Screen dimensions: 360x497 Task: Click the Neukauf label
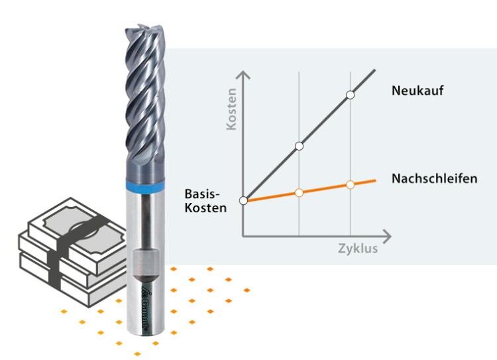pos(417,91)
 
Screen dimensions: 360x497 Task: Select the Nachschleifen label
pos(434,178)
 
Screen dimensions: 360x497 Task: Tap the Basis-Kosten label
pos(206,201)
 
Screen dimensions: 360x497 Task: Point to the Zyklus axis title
pos(357,249)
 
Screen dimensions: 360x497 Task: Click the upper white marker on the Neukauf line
pos(350,95)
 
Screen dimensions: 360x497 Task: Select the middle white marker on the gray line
pos(299,145)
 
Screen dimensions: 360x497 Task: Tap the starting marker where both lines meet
pos(243,200)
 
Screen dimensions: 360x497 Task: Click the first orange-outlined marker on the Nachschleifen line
pos(299,192)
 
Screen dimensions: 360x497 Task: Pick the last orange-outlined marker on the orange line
pos(350,184)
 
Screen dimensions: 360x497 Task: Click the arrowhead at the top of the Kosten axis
pos(244,75)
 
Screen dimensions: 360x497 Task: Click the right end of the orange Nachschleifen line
pos(375,180)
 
